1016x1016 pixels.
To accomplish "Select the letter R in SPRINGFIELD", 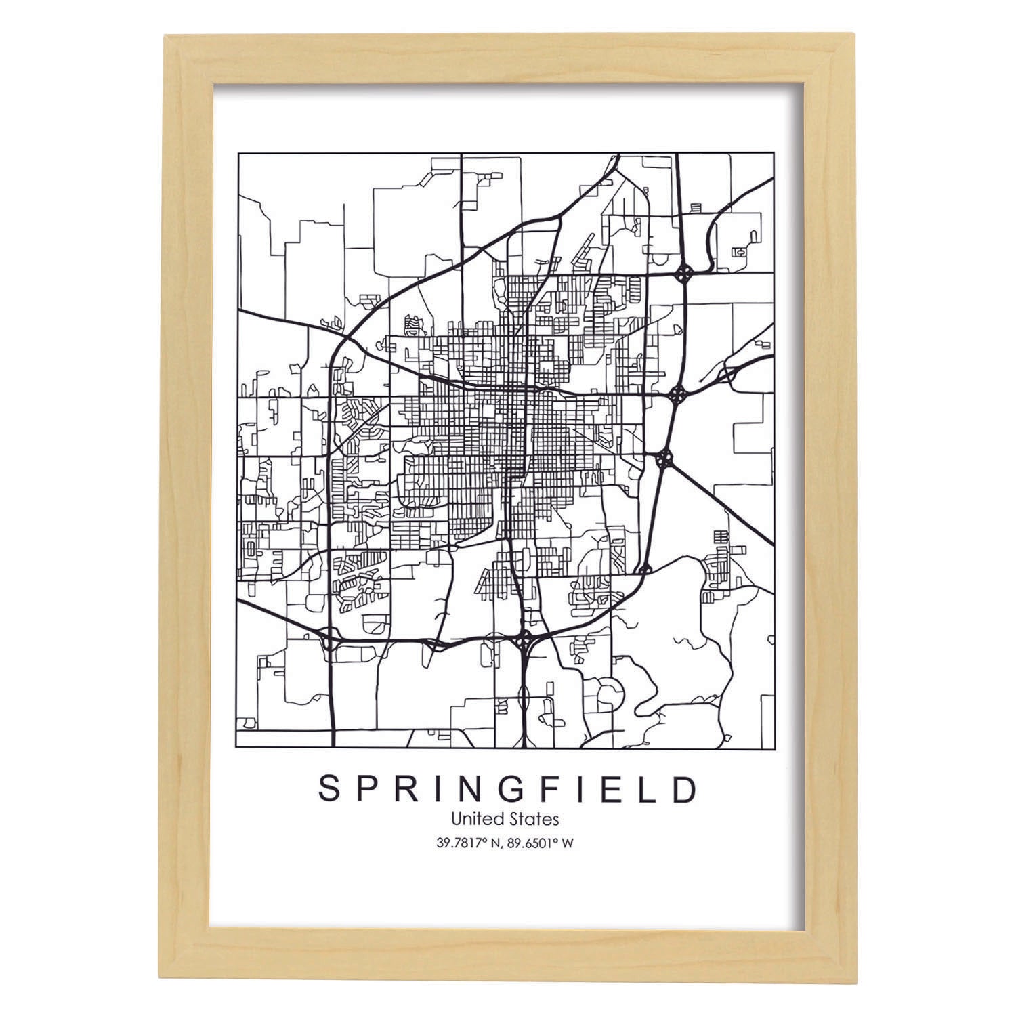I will (406, 789).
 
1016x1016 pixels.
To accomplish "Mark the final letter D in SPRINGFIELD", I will (685, 789).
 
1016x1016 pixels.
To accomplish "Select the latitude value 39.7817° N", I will (469, 843).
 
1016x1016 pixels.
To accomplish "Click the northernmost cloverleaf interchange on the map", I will (684, 274).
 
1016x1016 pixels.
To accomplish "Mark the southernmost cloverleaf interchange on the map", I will (524, 637).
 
